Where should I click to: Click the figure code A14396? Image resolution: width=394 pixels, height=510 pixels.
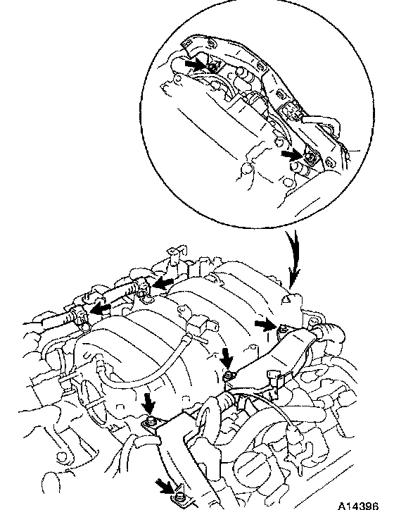(x=358, y=505)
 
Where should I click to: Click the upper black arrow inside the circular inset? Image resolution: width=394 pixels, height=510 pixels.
(x=196, y=63)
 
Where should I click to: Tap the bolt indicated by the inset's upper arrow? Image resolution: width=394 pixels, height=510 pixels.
(x=212, y=68)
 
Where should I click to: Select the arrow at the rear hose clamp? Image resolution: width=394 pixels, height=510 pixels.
(x=163, y=283)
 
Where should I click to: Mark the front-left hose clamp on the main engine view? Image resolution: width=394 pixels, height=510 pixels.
(x=81, y=316)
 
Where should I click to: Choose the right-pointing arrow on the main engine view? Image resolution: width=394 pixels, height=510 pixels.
(x=265, y=324)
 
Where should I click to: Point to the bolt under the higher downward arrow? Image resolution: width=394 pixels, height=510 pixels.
(x=229, y=375)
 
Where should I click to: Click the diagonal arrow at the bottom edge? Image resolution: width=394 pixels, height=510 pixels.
(x=165, y=486)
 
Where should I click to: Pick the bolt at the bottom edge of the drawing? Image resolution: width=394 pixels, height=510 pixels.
(x=177, y=497)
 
